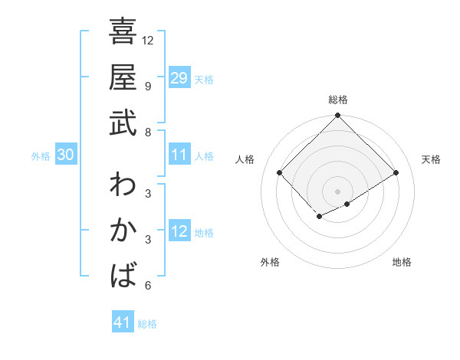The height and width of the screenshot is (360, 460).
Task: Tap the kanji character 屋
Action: point(123,77)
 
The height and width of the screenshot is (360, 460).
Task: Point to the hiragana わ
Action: point(123,185)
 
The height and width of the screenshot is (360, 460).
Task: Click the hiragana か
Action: point(123,230)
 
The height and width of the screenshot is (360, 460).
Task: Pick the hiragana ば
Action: point(123,275)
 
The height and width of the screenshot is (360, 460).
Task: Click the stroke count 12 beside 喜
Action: point(148,40)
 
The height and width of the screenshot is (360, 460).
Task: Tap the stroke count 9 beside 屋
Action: point(147,86)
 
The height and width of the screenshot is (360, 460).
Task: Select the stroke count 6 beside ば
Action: point(147,286)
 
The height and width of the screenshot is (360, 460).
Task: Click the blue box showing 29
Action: point(179,78)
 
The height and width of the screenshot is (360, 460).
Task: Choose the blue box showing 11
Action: point(179,155)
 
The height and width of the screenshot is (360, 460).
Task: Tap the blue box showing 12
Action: point(179,231)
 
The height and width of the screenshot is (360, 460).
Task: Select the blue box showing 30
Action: point(65,155)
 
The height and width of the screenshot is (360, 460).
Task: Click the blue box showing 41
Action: point(123,322)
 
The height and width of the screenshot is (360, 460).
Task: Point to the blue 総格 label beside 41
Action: point(147,324)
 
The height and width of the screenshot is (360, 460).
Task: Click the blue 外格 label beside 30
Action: point(41,156)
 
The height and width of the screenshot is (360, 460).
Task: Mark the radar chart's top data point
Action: point(337,116)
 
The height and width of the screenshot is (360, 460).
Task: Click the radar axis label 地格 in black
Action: point(402,262)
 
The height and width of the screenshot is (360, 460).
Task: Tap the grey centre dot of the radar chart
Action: point(337,191)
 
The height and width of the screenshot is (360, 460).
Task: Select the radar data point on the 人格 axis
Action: point(280,173)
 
